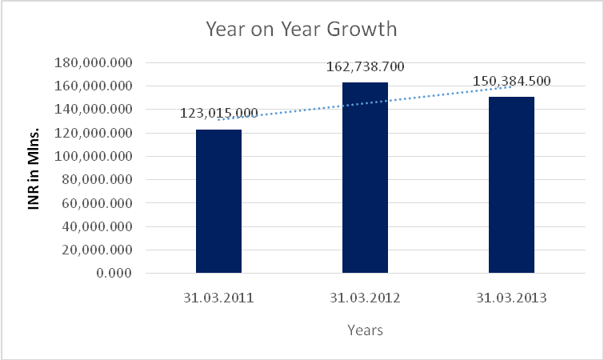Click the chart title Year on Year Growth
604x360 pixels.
[301, 30]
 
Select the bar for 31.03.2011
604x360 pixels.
[218, 201]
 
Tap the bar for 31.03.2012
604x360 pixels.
[365, 178]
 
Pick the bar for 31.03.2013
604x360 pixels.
[511, 185]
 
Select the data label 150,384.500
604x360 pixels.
[511, 82]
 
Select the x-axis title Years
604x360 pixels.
[365, 329]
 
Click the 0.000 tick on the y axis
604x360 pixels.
[114, 274]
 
